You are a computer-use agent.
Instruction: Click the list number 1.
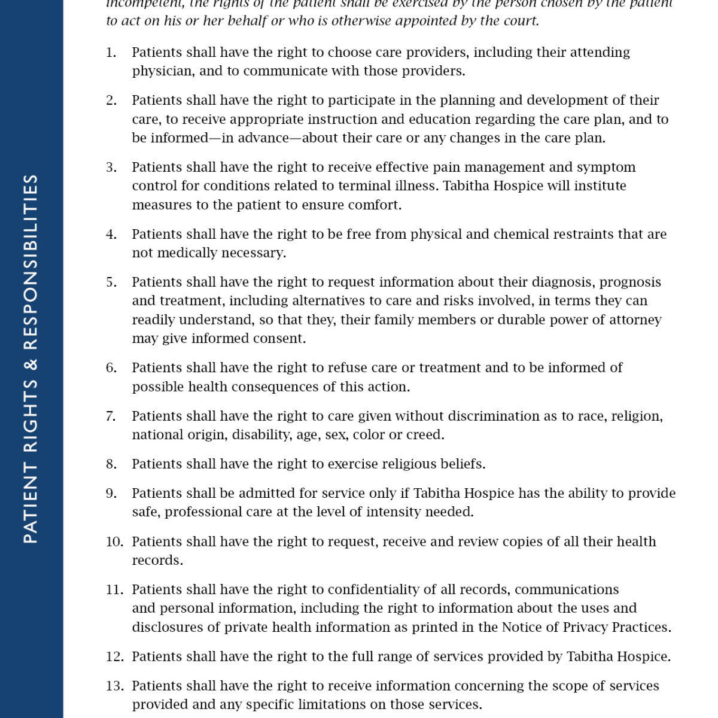point(111,53)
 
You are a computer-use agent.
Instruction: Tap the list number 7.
point(111,416)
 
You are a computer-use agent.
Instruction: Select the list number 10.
point(114,542)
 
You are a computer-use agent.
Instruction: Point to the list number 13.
point(114,686)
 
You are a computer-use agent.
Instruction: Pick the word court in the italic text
point(519,21)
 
